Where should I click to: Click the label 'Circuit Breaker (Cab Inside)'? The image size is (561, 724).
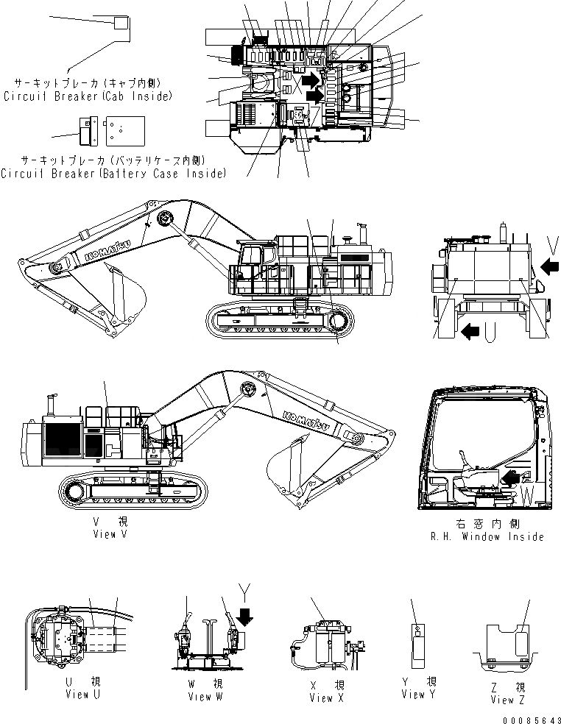(88, 96)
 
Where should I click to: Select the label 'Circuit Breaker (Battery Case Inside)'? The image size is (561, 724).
(113, 173)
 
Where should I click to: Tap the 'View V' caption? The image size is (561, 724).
(105, 534)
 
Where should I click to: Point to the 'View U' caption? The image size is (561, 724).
(77, 694)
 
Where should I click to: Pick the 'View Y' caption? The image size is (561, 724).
(419, 694)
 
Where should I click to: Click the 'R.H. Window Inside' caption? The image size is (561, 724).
(487, 536)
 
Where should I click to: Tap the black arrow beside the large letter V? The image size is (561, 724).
(549, 264)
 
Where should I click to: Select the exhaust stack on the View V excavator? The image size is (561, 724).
(52, 404)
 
